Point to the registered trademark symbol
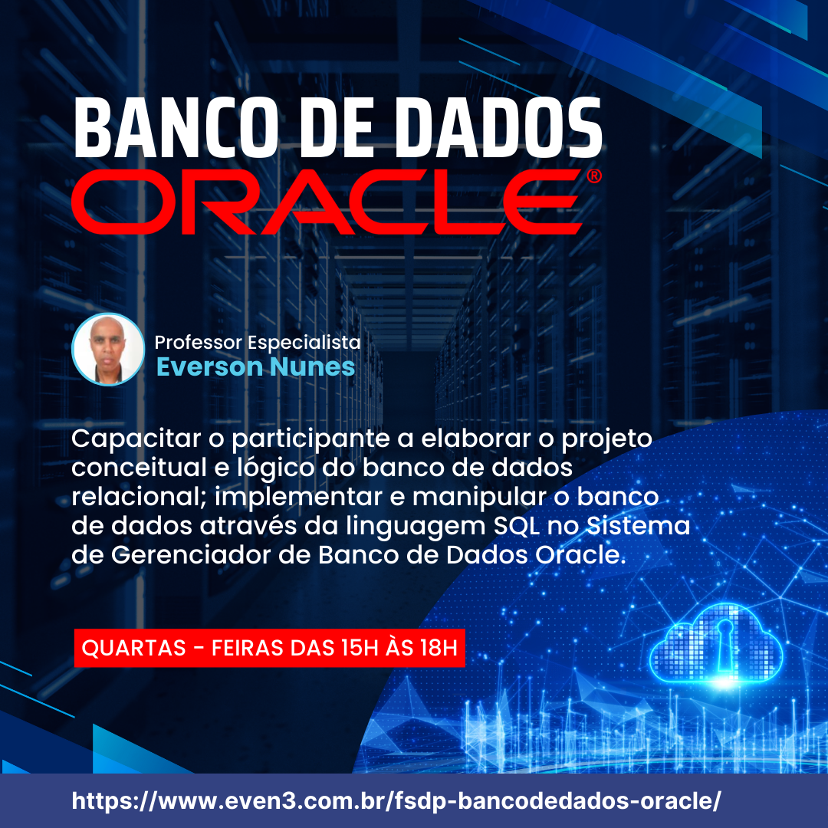click(x=594, y=176)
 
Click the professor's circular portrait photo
click(x=108, y=349)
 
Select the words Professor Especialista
click(x=257, y=343)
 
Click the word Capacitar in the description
click(x=136, y=439)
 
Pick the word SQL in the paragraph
click(x=517, y=526)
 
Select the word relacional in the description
click(x=139, y=497)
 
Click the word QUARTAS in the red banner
click(x=133, y=648)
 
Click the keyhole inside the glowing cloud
click(x=724, y=642)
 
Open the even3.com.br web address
click(x=396, y=801)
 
